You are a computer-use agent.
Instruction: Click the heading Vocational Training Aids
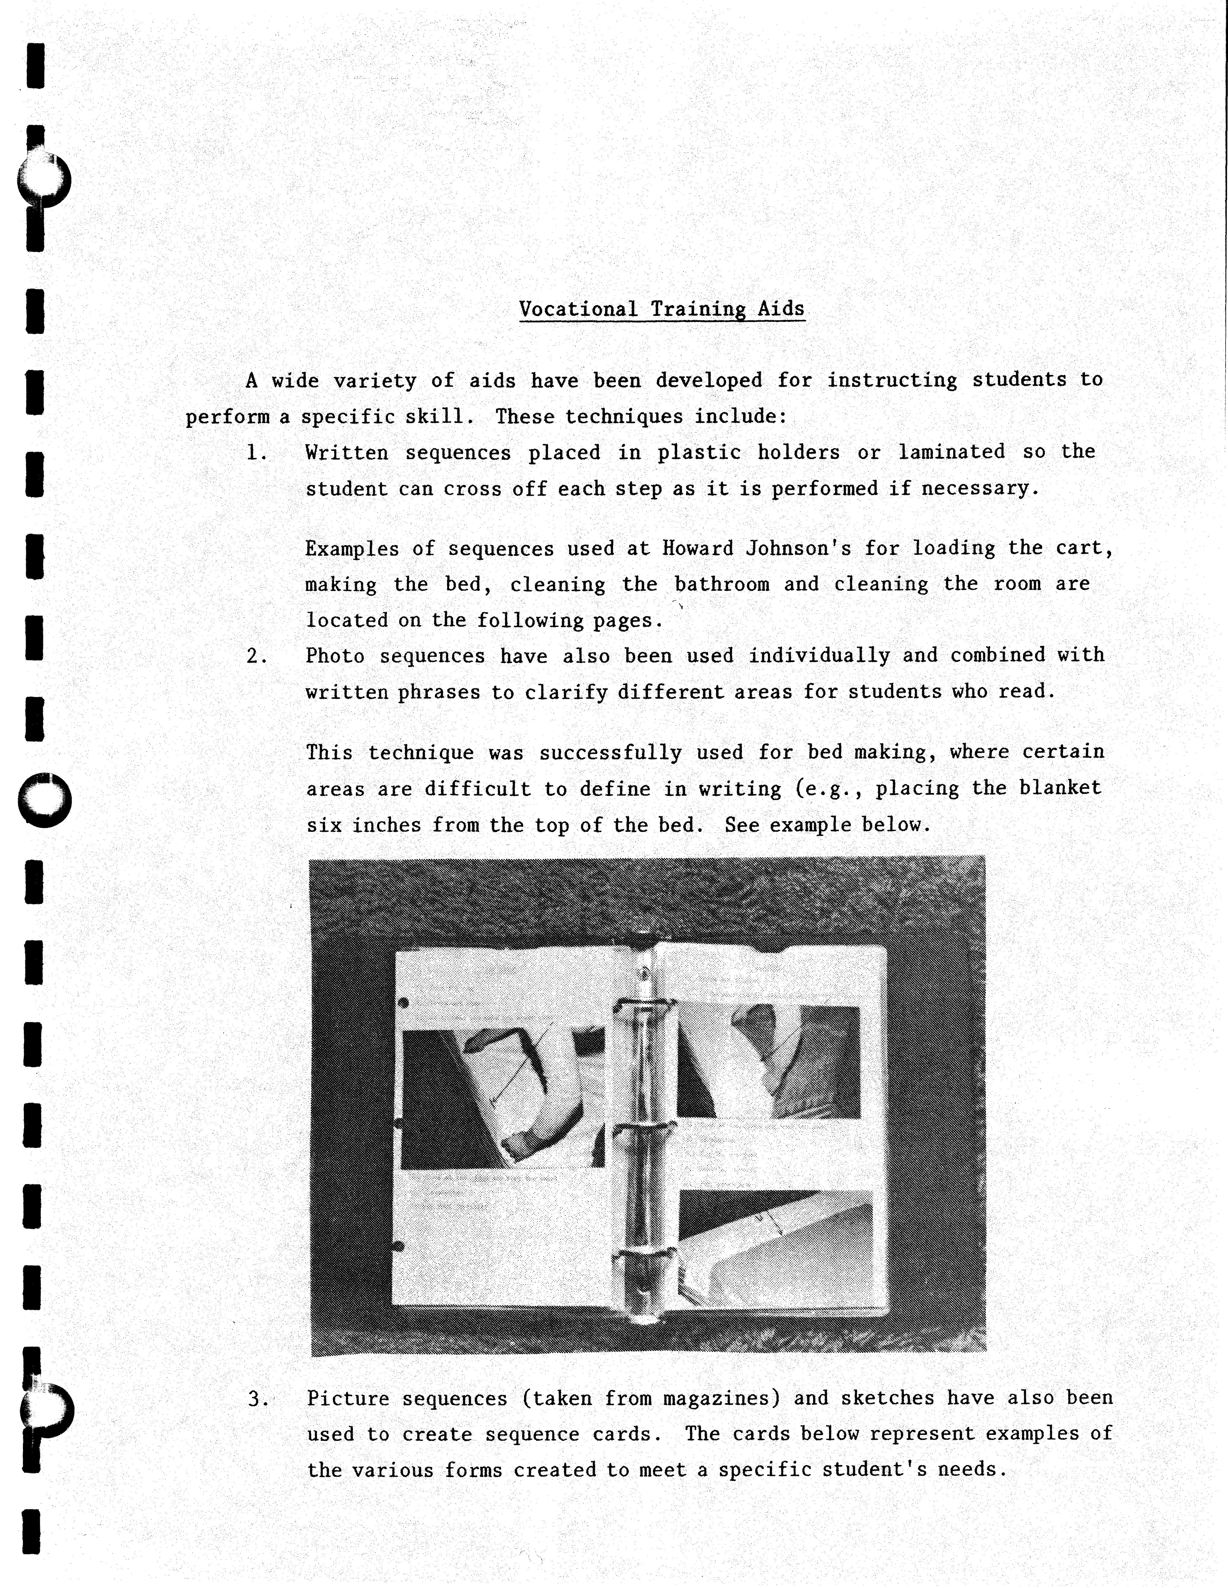pos(662,309)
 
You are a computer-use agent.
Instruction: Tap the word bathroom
pos(721,584)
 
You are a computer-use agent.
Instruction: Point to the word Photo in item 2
pos(334,656)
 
